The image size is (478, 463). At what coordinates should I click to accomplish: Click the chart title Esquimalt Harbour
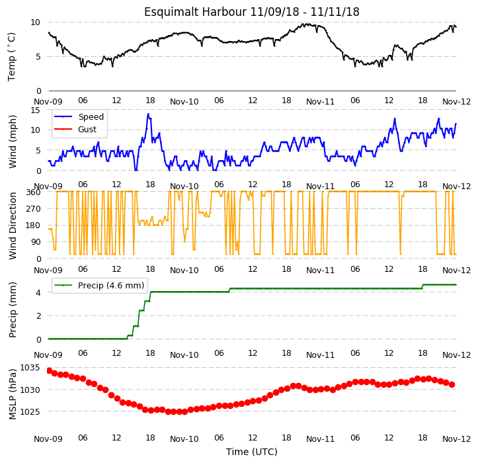pos(195,12)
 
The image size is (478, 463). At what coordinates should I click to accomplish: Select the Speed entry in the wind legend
pos(91,117)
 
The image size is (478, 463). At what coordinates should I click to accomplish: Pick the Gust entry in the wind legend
pos(87,130)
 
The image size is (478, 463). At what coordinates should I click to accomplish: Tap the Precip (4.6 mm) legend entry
pos(111,286)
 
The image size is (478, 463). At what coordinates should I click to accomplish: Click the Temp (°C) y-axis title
pos(12,57)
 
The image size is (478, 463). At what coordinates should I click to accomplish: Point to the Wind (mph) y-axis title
pos(13,142)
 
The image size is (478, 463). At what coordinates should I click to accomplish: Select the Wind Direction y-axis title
pos(13,226)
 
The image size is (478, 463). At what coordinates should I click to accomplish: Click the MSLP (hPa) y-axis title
pos(13,394)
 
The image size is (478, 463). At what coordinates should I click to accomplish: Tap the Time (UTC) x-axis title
pos(252,452)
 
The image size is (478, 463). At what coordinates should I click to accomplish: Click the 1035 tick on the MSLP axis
pos(30,368)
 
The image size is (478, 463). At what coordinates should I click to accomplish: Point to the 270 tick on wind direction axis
pos(33,209)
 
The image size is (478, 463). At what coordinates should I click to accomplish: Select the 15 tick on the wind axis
pos(35,110)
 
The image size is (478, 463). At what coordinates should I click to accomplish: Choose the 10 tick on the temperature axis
pos(35,22)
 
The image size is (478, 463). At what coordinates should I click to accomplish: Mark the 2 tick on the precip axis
pos(39,316)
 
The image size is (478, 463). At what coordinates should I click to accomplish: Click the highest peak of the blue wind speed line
pos(148,114)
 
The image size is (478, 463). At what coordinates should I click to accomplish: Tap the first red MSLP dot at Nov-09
pos(49,370)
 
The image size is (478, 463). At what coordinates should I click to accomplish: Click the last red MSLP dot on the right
pos(452,385)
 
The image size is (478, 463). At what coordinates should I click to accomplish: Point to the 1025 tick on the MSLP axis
pos(30,412)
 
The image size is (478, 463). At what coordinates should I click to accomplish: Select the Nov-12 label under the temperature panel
pos(456,102)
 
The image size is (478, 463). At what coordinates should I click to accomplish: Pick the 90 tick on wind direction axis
pos(36,242)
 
